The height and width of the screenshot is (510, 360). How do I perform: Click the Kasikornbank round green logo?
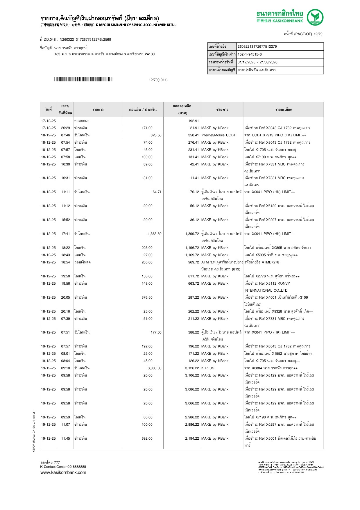(315, 17)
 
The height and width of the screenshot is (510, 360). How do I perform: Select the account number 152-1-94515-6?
(250, 54)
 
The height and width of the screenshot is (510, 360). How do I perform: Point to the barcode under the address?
(83, 79)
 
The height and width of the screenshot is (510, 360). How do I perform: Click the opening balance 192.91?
(193, 121)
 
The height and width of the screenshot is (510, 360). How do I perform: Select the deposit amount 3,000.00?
(154, 368)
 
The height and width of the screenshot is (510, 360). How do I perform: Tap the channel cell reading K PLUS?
(208, 368)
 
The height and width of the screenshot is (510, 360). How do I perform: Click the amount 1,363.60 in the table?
(154, 234)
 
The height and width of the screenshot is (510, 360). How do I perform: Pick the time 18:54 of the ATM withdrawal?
(65, 262)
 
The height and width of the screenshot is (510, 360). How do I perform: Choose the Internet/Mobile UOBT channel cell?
(218, 135)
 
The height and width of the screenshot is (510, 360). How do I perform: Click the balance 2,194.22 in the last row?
(192, 438)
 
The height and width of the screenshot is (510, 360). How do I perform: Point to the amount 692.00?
(147, 438)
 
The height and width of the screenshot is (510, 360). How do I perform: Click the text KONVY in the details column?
(284, 283)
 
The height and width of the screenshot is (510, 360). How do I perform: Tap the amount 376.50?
(147, 297)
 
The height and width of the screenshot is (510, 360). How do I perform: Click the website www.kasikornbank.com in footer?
(63, 472)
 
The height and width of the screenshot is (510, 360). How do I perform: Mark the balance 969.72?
(193, 262)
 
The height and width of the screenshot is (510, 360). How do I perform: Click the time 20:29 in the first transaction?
(65, 128)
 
